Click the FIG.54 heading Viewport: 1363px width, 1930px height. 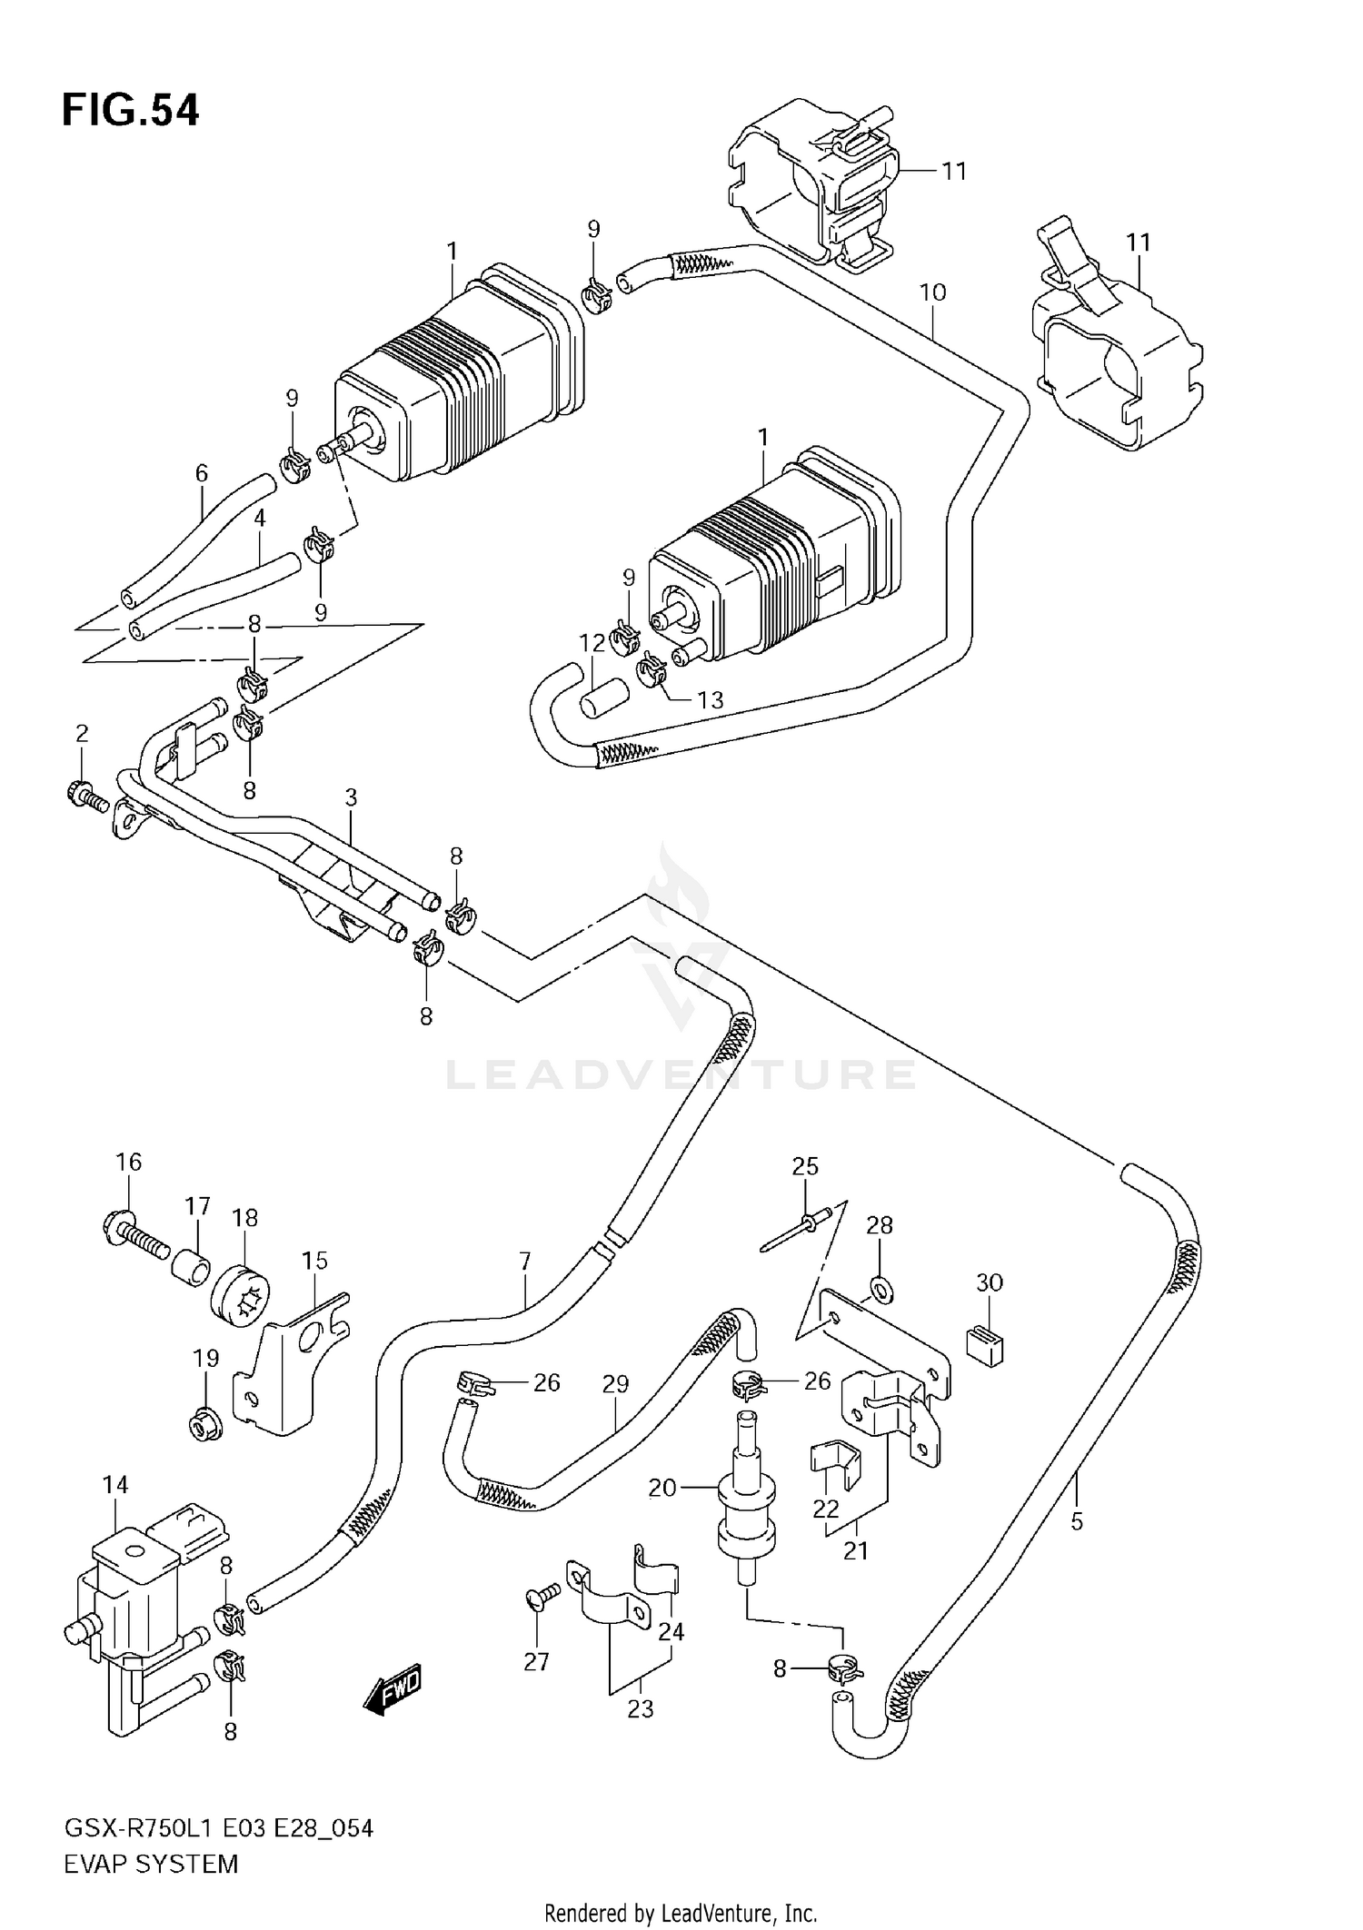(x=130, y=111)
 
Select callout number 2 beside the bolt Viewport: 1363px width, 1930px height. (x=82, y=733)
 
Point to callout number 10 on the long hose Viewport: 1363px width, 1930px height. (x=932, y=292)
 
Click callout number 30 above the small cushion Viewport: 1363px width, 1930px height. (x=989, y=1282)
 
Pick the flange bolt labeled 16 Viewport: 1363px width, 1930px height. (x=134, y=1236)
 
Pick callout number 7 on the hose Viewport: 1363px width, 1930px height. (x=524, y=1262)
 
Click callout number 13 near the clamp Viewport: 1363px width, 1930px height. (x=710, y=699)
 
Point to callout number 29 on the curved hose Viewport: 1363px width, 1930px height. (x=615, y=1384)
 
